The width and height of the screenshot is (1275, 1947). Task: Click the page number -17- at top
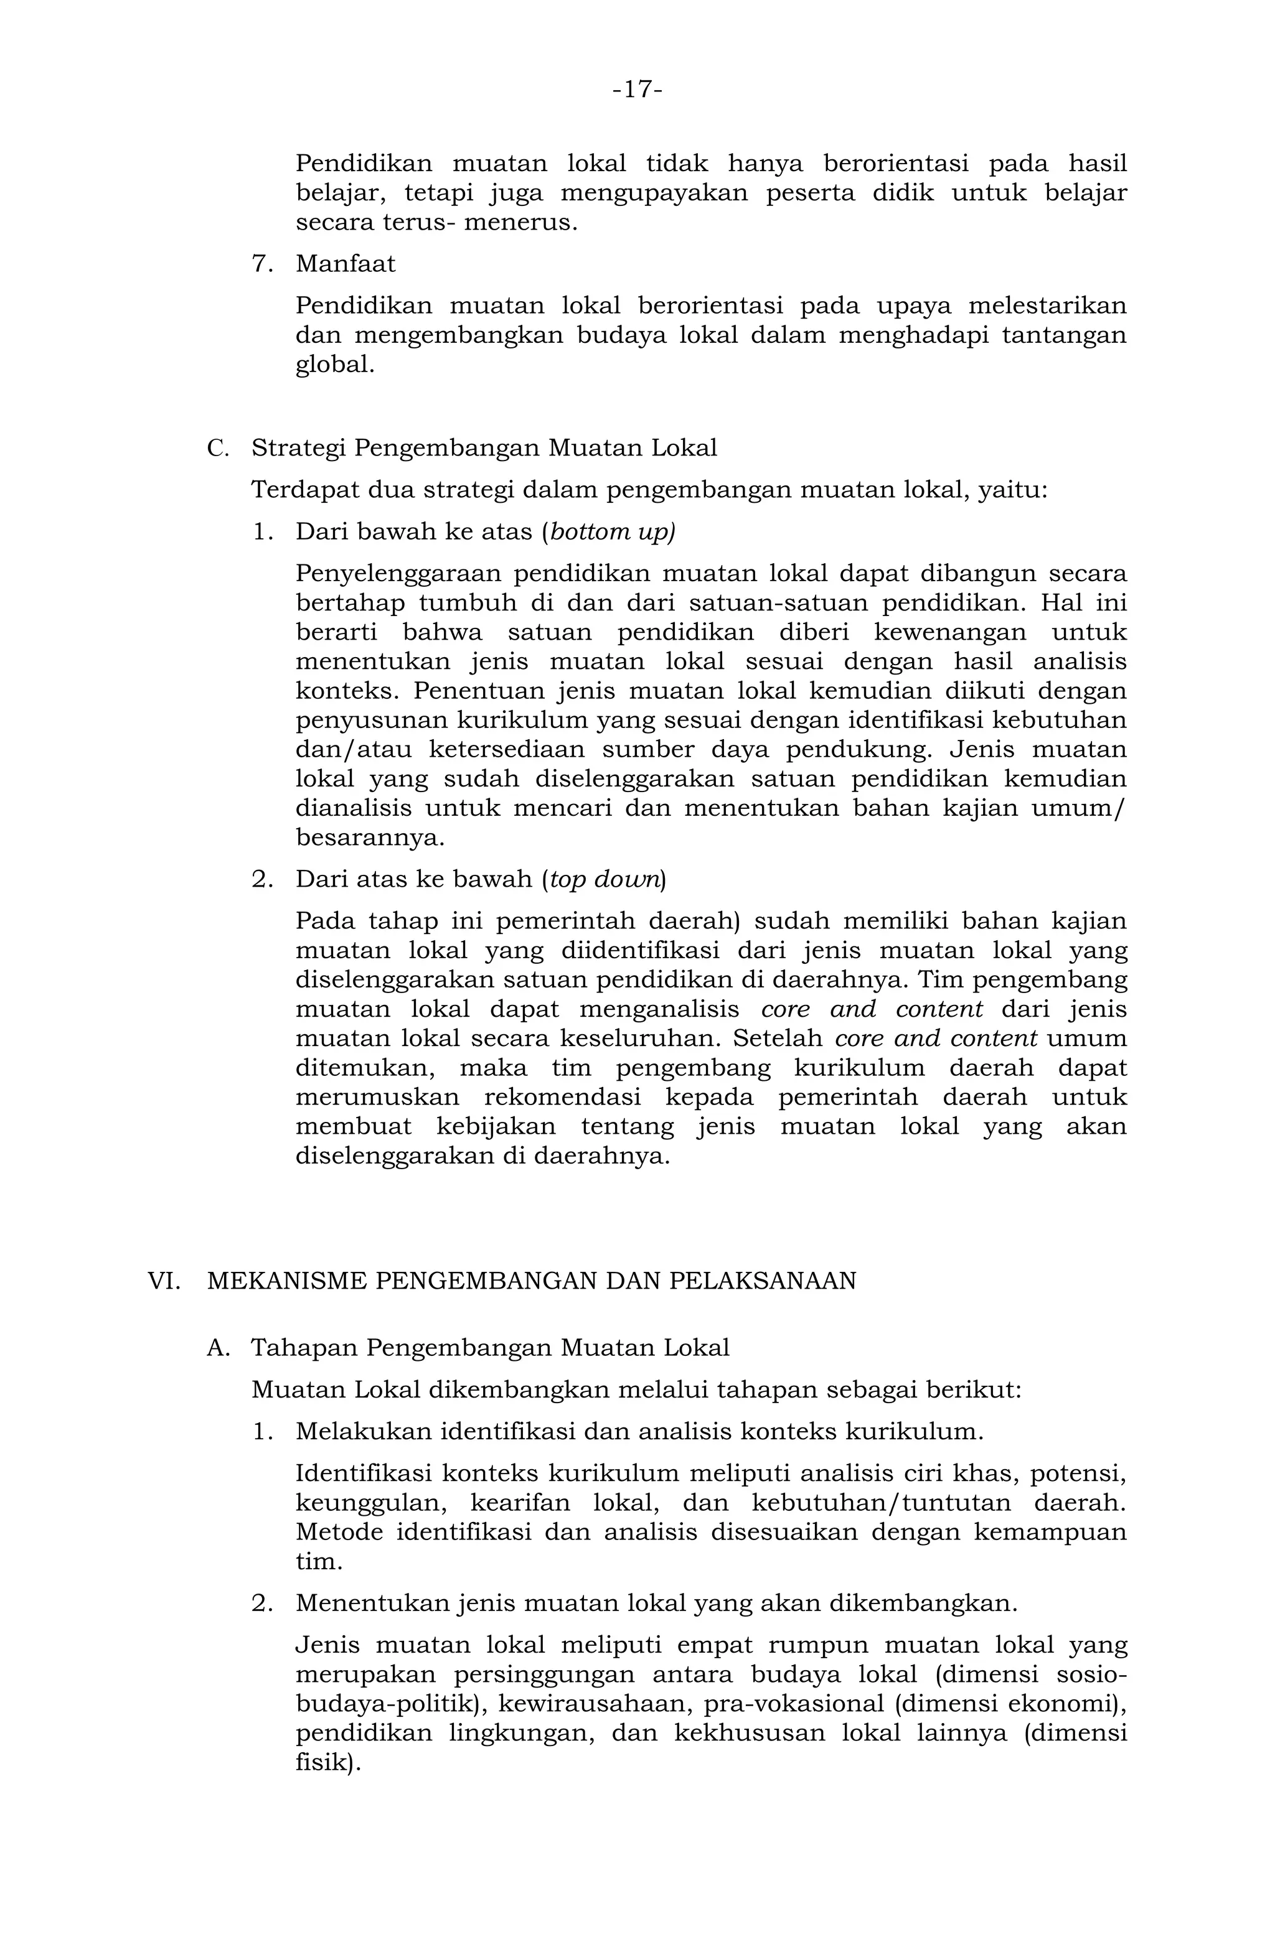coord(637,89)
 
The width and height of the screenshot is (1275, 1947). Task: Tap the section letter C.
coord(217,448)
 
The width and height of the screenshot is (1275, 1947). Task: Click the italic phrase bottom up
coord(612,532)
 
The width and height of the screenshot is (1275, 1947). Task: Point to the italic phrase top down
coord(605,879)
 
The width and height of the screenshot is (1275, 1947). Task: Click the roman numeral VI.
coord(163,1281)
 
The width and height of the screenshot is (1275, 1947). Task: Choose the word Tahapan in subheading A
coord(304,1347)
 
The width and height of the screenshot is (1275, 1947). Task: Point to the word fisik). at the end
coord(327,1763)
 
